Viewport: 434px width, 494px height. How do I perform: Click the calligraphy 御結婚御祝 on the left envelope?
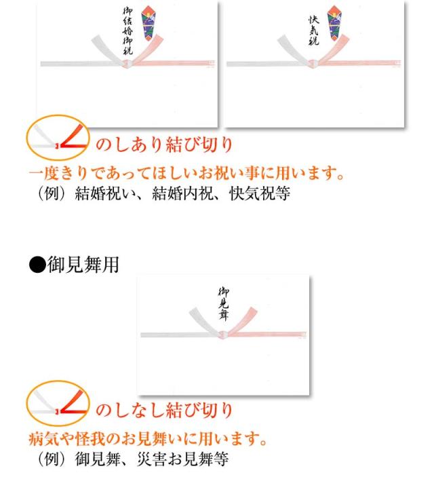tap(126, 31)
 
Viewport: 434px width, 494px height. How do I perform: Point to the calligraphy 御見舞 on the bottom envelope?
tap(224, 302)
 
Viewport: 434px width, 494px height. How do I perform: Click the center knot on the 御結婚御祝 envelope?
tap(127, 64)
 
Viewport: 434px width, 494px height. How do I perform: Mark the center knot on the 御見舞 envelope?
tap(223, 335)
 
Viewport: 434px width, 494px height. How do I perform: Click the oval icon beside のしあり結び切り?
tap(57, 136)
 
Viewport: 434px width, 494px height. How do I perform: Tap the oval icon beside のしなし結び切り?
tap(57, 403)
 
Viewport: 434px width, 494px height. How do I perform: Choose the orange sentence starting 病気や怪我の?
tap(149, 439)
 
